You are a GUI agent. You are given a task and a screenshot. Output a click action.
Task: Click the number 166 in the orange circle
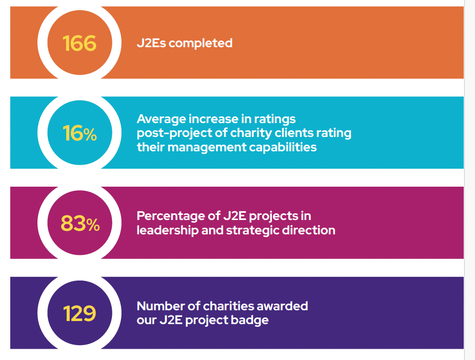80,43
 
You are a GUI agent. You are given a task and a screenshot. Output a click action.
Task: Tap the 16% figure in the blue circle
80,133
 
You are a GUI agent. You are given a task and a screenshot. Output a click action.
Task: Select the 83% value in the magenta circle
80,224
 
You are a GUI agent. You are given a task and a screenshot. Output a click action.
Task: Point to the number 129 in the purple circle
80,313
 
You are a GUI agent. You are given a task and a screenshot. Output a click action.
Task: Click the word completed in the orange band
201,43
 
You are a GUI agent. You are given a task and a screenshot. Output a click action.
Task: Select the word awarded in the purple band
283,306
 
